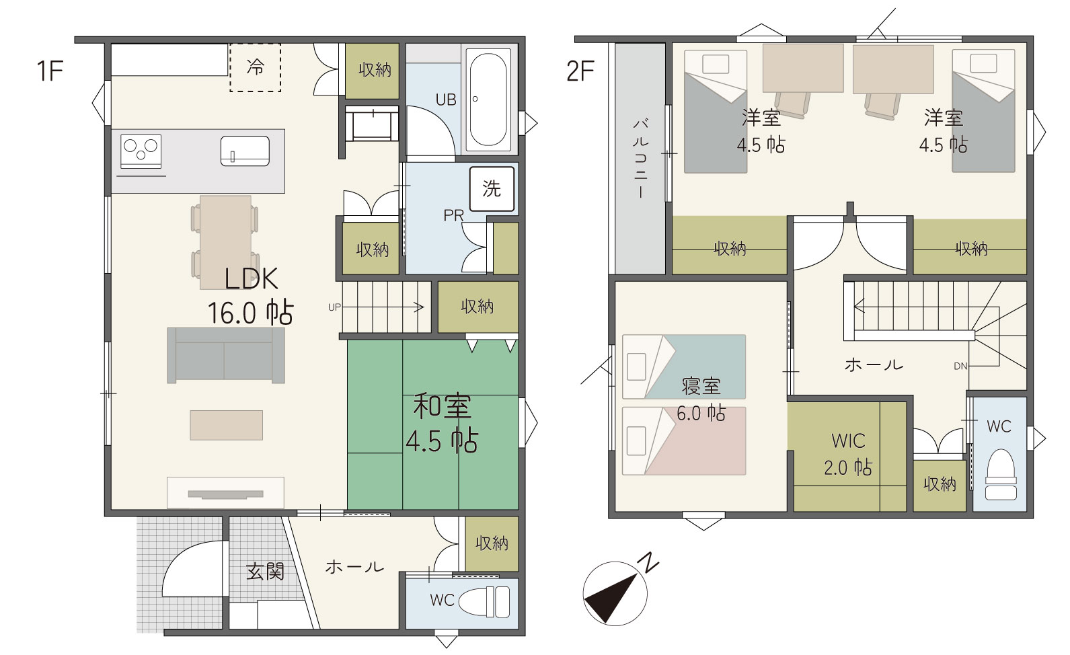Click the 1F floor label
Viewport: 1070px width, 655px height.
click(x=50, y=71)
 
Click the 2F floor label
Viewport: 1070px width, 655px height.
click(x=580, y=71)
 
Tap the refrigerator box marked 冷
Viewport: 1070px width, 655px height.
click(x=255, y=67)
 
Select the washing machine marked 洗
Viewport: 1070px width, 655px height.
click(x=492, y=189)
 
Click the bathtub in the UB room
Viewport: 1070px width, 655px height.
click(x=488, y=100)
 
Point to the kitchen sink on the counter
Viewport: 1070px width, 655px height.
click(x=245, y=151)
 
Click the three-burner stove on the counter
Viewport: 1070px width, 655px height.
click(x=141, y=151)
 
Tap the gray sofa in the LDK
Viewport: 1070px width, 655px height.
click(x=226, y=356)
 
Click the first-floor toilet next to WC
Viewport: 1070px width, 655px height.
click(x=484, y=601)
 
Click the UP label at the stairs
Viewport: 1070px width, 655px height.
click(x=334, y=307)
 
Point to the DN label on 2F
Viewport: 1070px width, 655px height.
click(x=960, y=367)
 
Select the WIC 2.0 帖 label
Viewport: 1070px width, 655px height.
click(x=848, y=455)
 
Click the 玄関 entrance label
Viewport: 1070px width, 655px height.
click(x=265, y=572)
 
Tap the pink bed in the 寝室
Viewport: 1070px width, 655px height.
click(x=684, y=441)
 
